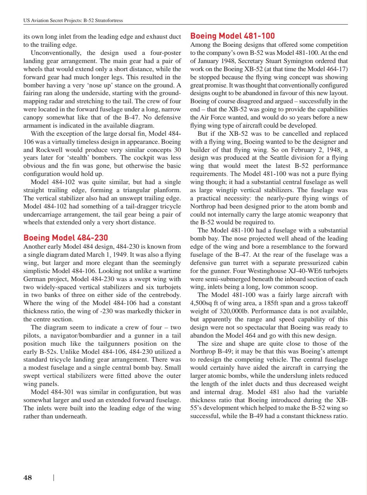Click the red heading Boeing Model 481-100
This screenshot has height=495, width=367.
233,36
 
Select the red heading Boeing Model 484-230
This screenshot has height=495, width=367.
66,237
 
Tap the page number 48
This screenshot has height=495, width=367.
27,478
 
